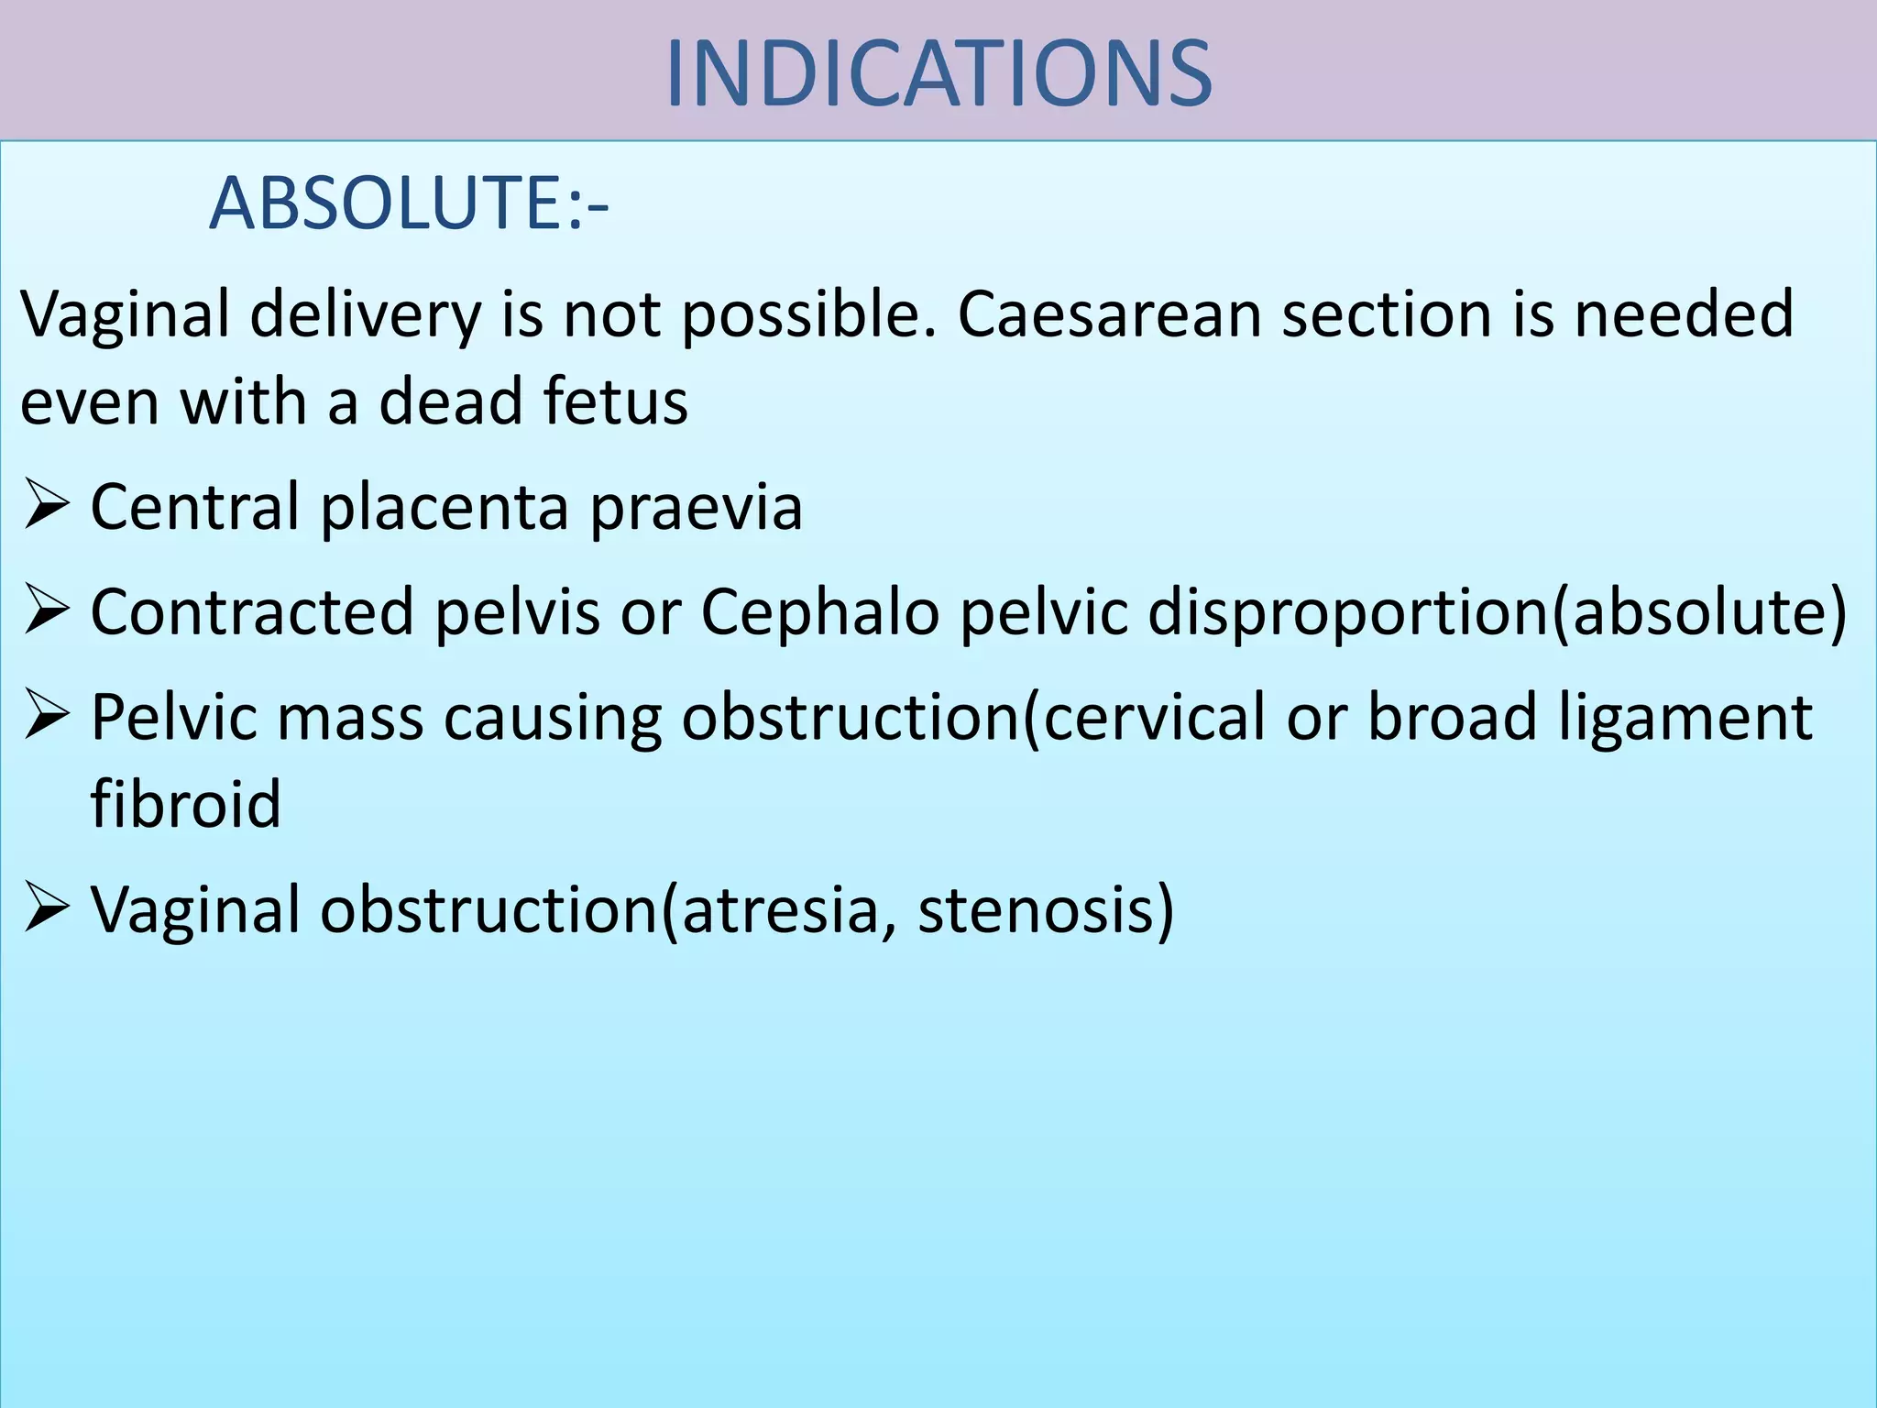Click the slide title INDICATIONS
pos(938,73)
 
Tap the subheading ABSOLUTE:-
pos(409,203)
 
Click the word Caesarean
pos(1109,314)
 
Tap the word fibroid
pos(185,804)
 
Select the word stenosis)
pos(1046,910)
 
